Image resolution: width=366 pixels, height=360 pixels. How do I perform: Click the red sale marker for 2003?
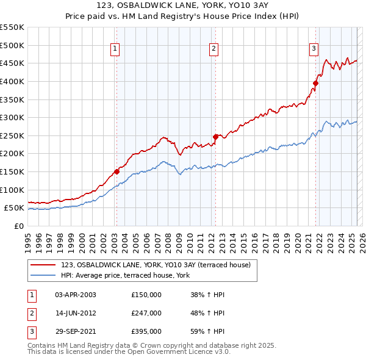[117, 171]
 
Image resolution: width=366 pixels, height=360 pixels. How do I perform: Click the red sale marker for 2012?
[215, 137]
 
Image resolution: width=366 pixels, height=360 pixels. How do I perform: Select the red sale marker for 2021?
[315, 84]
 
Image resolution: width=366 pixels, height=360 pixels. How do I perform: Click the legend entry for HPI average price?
[125, 276]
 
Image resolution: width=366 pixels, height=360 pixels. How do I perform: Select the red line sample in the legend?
[44, 265]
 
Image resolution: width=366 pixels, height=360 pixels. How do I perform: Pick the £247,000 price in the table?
[146, 313]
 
